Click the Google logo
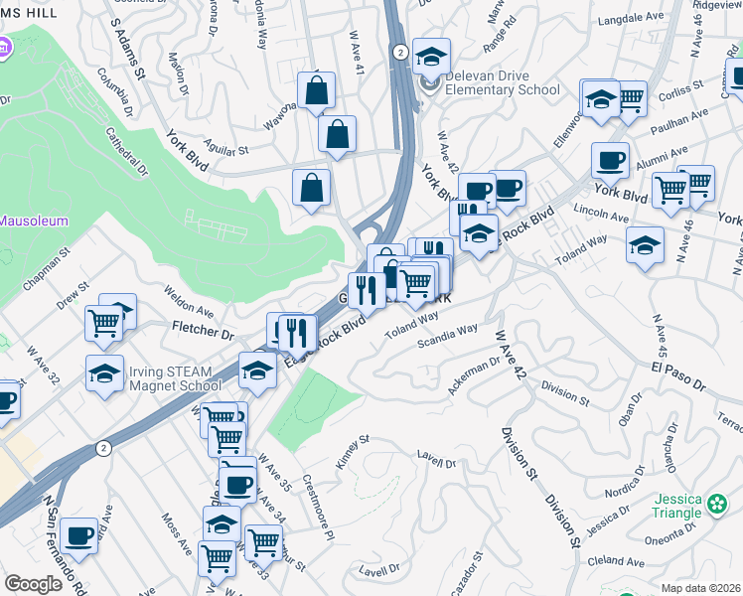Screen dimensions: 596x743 (34, 583)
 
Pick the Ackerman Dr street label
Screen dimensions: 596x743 (474, 375)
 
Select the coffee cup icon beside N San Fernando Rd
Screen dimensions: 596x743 (78, 535)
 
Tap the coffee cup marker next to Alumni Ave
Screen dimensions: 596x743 (610, 159)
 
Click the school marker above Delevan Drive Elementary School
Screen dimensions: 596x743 (431, 56)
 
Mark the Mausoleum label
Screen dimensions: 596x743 (34, 221)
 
